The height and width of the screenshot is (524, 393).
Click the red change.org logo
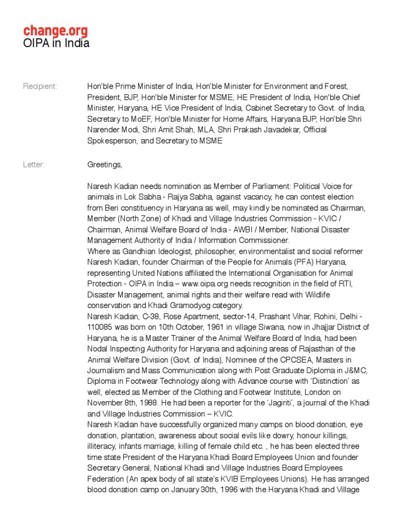55,31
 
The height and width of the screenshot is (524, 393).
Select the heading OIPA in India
56,43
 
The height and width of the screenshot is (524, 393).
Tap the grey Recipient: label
40,86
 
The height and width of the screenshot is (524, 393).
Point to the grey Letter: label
34,165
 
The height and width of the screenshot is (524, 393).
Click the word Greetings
105,165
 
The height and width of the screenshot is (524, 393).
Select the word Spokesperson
112,141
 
